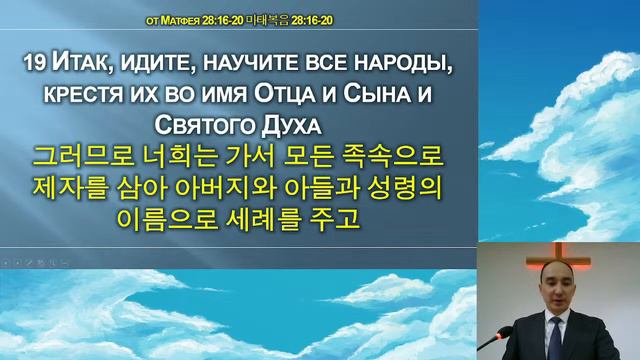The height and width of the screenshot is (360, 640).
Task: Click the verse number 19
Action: (32, 64)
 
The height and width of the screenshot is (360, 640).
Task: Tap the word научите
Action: (246, 64)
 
